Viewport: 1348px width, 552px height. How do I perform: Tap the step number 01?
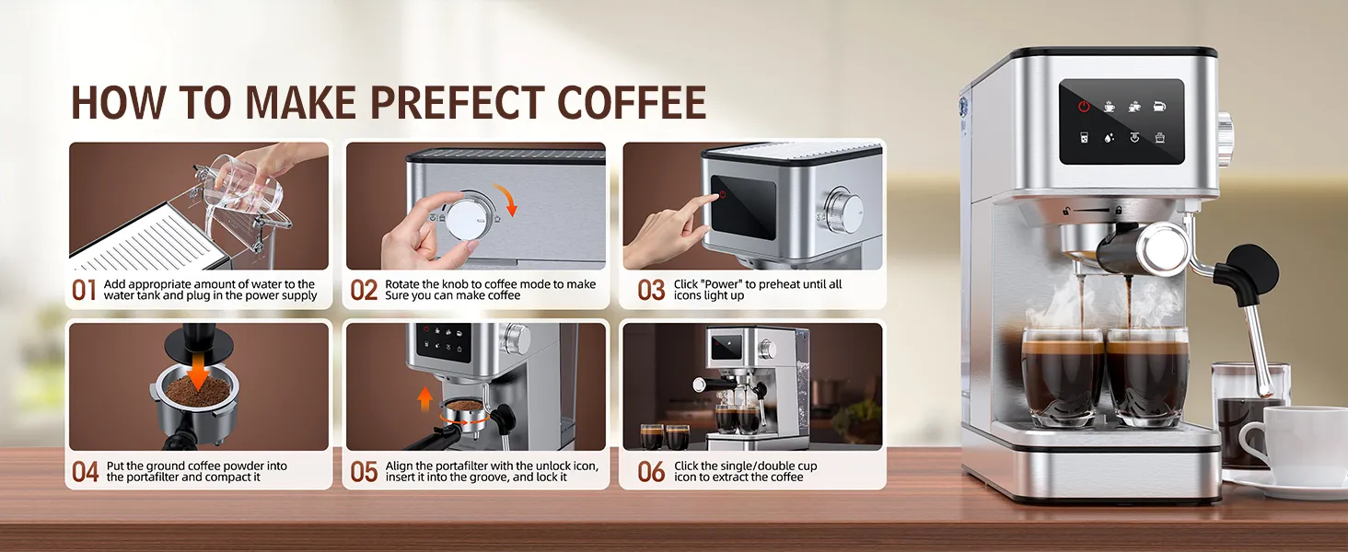click(84, 290)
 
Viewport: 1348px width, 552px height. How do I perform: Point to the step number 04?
click(85, 471)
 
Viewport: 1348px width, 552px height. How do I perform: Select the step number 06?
click(651, 471)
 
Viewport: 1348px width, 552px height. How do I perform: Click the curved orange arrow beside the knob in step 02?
click(505, 199)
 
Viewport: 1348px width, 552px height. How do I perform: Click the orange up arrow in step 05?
click(424, 398)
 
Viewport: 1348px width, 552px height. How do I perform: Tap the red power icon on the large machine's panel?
click(1084, 107)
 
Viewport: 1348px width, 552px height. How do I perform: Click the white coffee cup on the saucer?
click(1294, 446)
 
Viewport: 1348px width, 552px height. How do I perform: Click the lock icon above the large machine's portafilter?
click(1118, 211)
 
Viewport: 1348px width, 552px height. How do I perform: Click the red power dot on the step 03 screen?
click(722, 194)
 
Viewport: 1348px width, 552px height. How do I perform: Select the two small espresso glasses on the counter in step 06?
click(665, 437)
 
